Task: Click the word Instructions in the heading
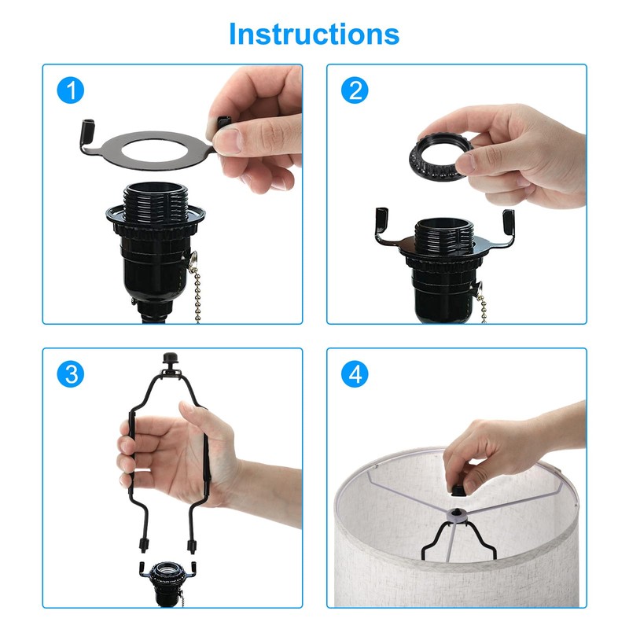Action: click(x=314, y=34)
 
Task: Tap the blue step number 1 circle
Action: click(x=71, y=90)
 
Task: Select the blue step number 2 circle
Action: click(x=355, y=90)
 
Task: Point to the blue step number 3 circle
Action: click(x=71, y=374)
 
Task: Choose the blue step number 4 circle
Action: click(x=355, y=374)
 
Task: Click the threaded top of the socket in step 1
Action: click(x=155, y=200)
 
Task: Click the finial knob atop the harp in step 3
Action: click(x=171, y=359)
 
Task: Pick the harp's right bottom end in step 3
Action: click(x=192, y=546)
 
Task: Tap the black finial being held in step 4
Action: click(x=458, y=490)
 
